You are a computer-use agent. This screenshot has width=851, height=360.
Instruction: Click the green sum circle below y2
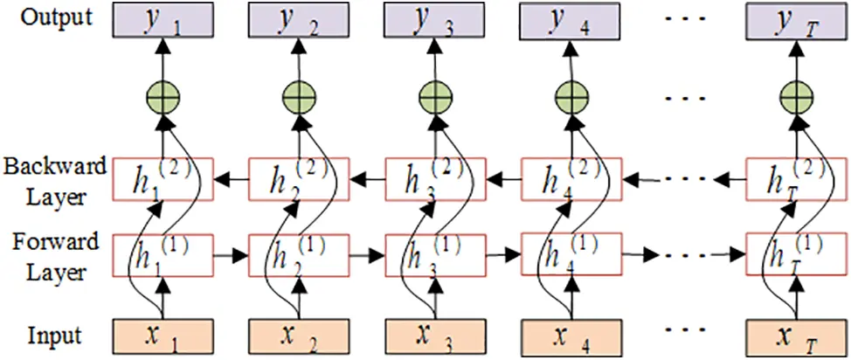(x=297, y=94)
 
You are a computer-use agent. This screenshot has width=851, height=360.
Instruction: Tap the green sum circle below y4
(x=571, y=94)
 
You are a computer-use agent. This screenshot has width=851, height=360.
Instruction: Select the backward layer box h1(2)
(x=163, y=178)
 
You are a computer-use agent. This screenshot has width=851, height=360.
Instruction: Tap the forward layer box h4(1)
(x=571, y=255)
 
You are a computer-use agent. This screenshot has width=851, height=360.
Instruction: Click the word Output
(x=59, y=17)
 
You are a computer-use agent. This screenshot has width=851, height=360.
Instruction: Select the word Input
(x=54, y=335)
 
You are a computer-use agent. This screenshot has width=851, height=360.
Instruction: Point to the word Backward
(x=55, y=166)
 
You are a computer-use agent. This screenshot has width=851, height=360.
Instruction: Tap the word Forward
(x=56, y=242)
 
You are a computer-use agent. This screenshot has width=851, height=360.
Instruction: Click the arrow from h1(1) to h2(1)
(x=231, y=257)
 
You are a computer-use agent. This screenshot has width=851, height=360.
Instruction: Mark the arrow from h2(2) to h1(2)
(x=231, y=180)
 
